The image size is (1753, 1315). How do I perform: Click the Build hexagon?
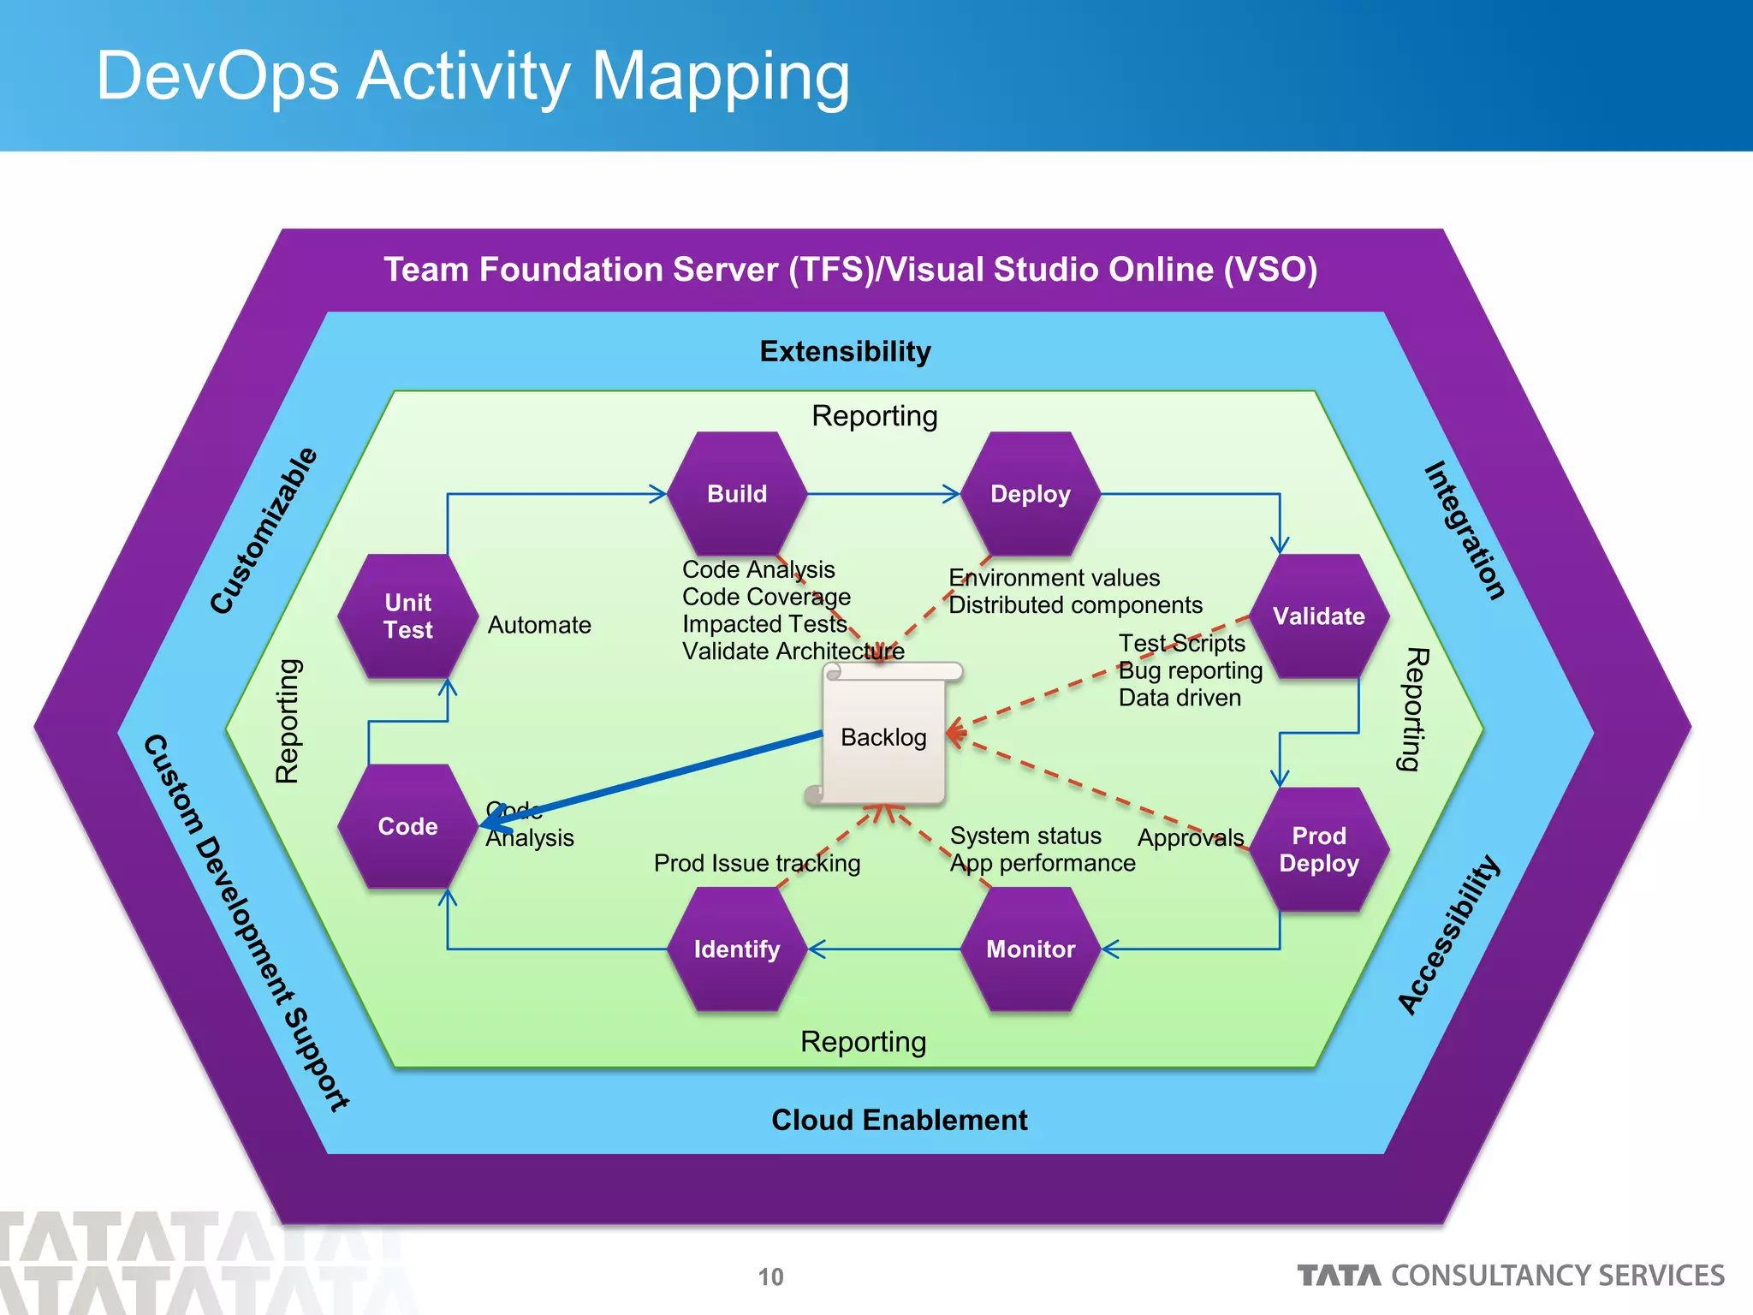737,494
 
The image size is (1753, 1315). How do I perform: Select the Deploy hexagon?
1031,494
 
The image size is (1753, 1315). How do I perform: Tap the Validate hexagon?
1318,616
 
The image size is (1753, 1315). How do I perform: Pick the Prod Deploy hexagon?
1318,849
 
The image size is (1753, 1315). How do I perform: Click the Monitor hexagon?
1031,949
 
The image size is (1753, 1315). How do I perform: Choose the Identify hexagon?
737,949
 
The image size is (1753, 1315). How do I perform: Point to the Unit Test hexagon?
408,616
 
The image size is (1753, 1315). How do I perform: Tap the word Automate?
539,625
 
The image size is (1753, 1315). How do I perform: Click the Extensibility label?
845,351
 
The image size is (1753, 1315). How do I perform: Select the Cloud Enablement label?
899,1120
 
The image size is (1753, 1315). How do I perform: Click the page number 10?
770,1276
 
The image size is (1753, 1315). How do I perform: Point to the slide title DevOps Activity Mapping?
472,76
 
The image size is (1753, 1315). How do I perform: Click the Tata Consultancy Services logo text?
1511,1276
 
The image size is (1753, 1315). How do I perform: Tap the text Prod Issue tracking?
757,863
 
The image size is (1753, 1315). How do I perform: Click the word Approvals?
1190,837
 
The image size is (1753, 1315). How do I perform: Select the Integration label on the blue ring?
1465,531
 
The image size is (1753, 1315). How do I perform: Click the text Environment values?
1055,578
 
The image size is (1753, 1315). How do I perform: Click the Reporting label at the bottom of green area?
863,1042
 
